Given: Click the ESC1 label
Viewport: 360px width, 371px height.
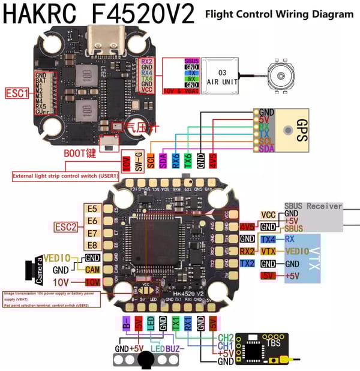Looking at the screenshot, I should (x=19, y=93).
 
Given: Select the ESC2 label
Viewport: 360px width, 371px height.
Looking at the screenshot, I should (x=65, y=226).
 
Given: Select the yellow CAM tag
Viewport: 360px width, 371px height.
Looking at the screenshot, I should (x=92, y=270).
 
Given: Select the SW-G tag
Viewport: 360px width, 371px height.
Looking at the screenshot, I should (x=139, y=162).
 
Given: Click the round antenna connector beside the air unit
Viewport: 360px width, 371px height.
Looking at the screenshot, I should (x=280, y=77).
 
